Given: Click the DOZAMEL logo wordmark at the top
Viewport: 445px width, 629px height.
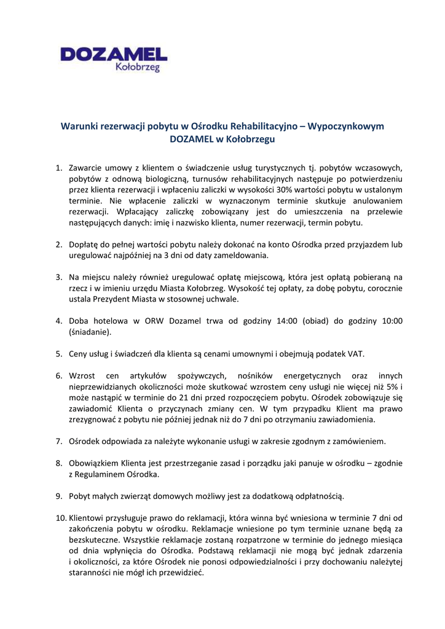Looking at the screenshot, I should [x=114, y=54].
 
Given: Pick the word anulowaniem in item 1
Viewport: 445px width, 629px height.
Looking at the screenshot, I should [x=376, y=200].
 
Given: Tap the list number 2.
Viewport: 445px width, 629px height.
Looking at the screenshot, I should [x=59, y=244].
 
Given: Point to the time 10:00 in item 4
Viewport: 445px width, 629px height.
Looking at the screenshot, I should [x=389, y=321].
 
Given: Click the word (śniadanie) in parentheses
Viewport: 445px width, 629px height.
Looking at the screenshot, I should [x=90, y=332].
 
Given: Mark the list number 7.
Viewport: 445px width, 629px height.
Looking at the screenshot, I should [x=59, y=441].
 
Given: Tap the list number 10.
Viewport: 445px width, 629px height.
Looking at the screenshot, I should [x=60, y=517].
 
